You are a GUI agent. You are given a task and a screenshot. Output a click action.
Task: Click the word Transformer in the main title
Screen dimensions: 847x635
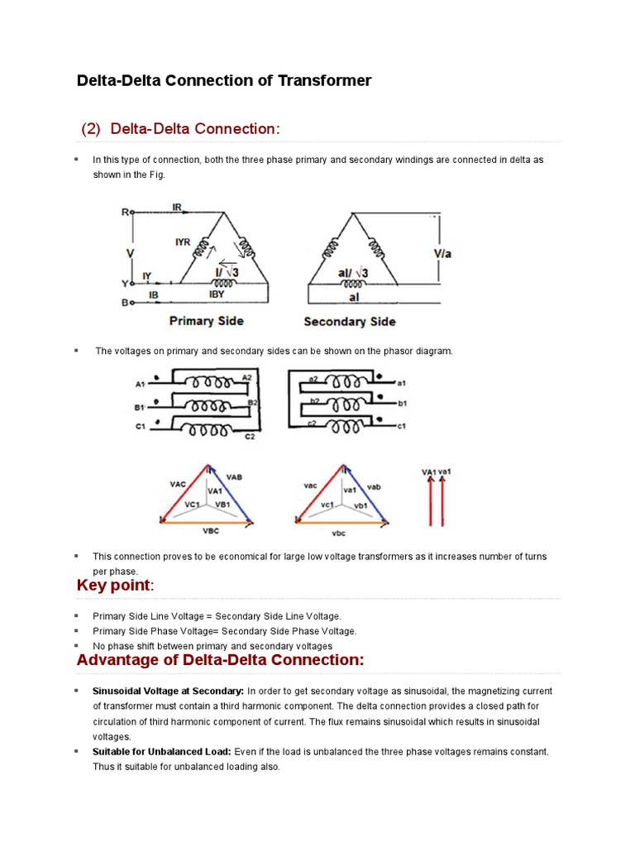tap(326, 80)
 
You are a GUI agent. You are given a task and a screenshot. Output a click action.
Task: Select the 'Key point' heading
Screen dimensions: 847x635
tap(113, 586)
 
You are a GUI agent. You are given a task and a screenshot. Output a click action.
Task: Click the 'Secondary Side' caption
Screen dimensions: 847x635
tap(349, 322)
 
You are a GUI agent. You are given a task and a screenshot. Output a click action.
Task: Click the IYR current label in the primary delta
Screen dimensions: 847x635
tap(183, 242)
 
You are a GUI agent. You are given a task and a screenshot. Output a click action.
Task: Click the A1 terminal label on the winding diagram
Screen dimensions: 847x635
tap(140, 384)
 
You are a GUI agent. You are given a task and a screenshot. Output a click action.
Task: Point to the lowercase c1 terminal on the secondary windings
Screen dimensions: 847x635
tap(402, 426)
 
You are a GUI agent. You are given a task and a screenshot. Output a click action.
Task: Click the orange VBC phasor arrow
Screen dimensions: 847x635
tap(207, 523)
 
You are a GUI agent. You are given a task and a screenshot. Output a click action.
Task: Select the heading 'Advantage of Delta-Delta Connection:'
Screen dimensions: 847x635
tap(220, 660)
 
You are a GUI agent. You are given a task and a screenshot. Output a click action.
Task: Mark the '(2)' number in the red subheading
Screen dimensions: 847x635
tap(91, 129)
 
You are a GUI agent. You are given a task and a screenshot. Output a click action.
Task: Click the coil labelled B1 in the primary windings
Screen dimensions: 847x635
tap(203, 406)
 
